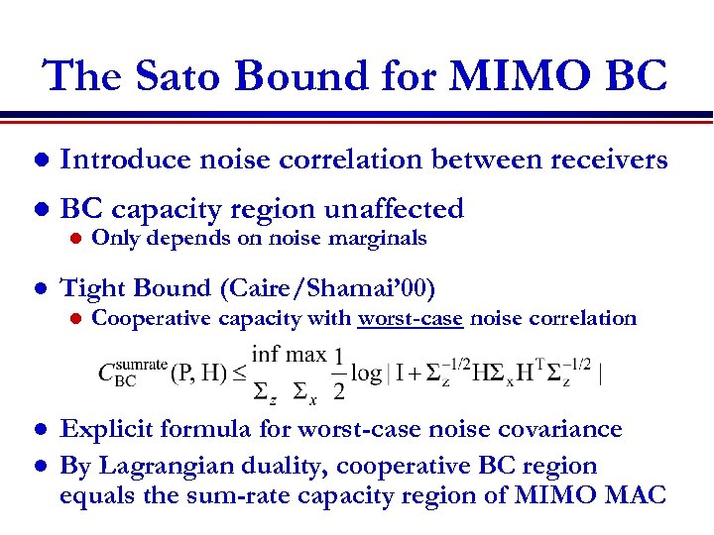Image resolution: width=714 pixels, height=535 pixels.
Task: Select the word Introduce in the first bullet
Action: [x=126, y=159]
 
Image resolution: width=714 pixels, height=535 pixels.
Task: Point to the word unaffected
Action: [x=388, y=209]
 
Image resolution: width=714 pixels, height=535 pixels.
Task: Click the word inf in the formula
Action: [x=267, y=354]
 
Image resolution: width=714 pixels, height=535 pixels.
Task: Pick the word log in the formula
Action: [x=367, y=374]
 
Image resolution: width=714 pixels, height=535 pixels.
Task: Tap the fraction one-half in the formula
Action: [x=339, y=374]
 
